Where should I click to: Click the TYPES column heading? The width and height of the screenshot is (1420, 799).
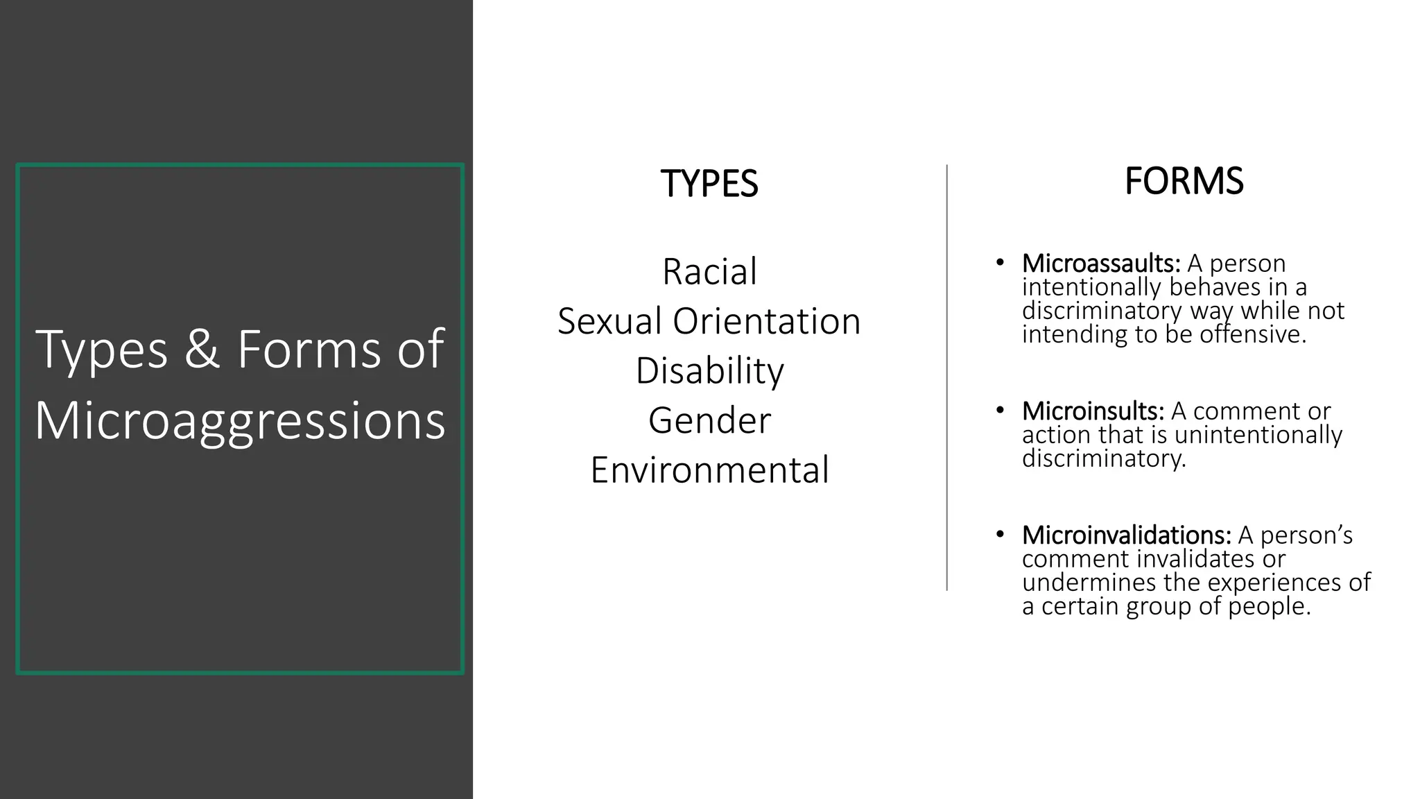(x=709, y=184)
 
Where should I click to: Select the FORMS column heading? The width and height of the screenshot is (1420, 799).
(x=1184, y=182)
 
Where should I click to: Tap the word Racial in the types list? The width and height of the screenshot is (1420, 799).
(x=709, y=271)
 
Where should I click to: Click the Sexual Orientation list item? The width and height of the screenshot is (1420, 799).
(x=709, y=321)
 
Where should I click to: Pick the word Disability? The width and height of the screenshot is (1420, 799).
(x=709, y=370)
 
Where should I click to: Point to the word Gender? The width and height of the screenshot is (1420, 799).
(x=709, y=420)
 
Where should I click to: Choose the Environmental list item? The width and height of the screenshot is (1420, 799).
(x=709, y=470)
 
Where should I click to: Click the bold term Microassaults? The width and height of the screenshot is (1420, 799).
(x=1100, y=264)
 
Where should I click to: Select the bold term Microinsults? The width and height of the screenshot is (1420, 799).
(x=1093, y=411)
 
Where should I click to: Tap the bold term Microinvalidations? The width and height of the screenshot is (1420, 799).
(x=1126, y=535)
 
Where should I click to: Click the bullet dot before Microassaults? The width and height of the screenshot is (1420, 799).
(x=999, y=262)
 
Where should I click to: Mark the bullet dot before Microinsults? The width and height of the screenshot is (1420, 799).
(x=999, y=410)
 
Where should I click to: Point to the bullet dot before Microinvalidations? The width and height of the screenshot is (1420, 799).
(x=999, y=534)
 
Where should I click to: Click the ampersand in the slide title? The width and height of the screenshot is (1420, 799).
(x=202, y=350)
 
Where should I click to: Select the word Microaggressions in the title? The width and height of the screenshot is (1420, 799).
(x=240, y=420)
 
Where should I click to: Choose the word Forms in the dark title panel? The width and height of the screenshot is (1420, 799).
(x=309, y=350)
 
